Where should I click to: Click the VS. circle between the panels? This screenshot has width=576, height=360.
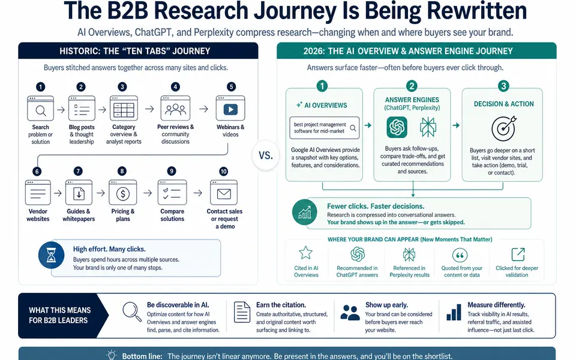point(266,155)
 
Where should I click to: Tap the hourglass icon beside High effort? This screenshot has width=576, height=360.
point(52,255)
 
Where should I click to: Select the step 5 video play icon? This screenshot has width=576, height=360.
point(230,109)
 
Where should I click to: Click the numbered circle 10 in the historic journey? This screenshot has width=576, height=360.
point(223,172)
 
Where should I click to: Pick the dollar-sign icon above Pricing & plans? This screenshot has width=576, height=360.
point(122,193)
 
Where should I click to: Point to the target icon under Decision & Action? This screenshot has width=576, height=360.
point(503,128)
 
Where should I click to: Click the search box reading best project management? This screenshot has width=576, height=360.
point(325,128)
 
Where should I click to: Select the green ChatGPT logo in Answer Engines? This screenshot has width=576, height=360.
point(397,127)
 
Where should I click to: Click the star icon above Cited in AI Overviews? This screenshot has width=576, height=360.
point(305,253)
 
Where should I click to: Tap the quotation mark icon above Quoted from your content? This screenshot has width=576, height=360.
point(460,254)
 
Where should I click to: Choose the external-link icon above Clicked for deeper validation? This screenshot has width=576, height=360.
point(518,254)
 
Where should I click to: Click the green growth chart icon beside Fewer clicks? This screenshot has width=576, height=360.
point(305,212)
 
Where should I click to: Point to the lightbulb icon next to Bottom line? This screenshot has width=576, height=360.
point(112,355)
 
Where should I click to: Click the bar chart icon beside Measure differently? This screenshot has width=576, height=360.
point(454,312)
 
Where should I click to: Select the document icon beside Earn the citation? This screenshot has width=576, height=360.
point(242,312)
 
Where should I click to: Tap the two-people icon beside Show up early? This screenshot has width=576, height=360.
point(350,312)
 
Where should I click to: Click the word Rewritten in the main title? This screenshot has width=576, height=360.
point(477,10)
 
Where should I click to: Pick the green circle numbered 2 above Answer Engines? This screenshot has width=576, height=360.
point(412,86)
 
